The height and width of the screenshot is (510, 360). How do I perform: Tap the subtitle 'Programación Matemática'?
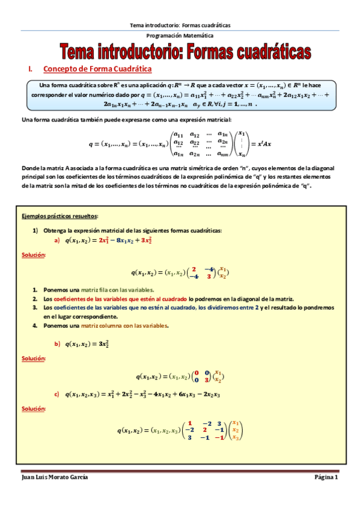click(x=180, y=36)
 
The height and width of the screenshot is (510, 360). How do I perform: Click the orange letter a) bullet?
click(x=57, y=241)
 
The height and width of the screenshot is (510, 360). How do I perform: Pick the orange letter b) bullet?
click(x=57, y=344)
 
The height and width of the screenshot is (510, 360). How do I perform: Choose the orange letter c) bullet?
click(x=57, y=395)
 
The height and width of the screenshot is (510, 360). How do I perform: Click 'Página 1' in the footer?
click(x=326, y=477)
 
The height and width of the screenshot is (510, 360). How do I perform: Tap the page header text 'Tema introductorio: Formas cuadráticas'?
click(x=180, y=25)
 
